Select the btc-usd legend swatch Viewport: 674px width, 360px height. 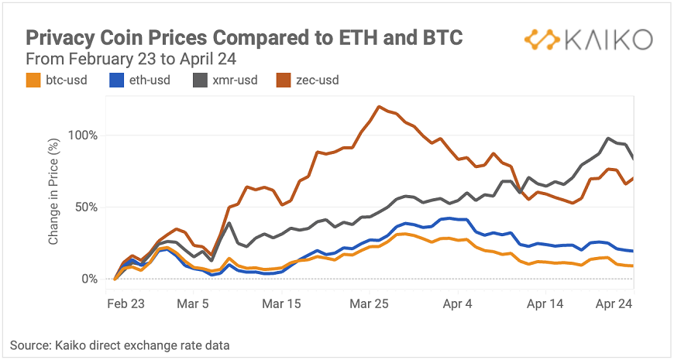tap(33, 79)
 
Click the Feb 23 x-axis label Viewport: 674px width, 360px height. tap(126, 305)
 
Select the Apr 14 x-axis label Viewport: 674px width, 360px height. tap(545, 305)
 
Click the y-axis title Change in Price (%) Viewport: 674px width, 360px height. tap(54, 200)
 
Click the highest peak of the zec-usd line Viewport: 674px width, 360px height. tap(378, 107)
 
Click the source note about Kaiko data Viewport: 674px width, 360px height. tap(120, 345)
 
